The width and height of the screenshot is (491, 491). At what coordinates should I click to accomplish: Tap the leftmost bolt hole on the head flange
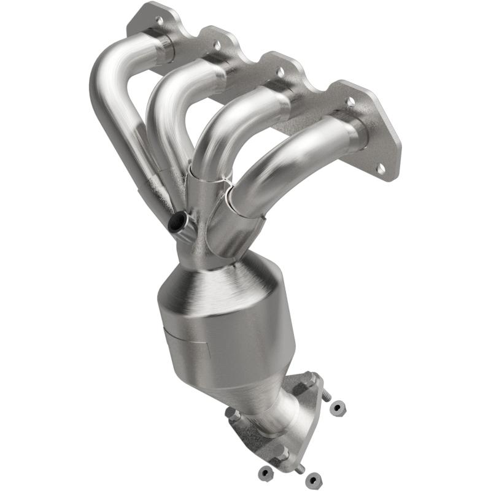click(160, 21)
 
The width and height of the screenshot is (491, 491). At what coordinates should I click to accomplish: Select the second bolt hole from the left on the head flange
click(217, 45)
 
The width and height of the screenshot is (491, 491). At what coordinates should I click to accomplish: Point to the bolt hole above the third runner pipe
click(280, 72)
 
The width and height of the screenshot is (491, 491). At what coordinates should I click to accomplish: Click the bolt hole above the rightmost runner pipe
click(350, 102)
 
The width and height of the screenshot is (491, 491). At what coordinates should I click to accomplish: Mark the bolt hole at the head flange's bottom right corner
click(381, 168)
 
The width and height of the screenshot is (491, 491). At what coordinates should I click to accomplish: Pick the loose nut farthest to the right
click(336, 406)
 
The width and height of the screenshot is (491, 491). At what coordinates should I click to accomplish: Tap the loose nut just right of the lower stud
click(314, 477)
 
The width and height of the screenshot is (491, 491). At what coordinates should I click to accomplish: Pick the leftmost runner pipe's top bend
click(110, 68)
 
